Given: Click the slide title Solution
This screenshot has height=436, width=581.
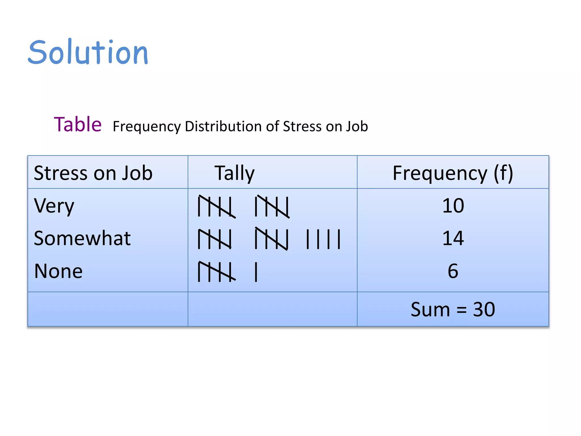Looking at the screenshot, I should (x=88, y=52).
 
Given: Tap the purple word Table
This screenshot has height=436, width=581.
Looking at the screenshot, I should (x=78, y=125).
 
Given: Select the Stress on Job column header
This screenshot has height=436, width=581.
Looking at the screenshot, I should (x=93, y=173).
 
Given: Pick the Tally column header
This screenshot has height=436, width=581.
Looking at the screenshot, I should (x=234, y=173).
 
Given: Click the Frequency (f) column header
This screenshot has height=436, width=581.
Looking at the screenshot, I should (x=453, y=173).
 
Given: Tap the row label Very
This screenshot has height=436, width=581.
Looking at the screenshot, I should (x=54, y=206).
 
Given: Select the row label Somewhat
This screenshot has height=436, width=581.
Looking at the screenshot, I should (x=82, y=238).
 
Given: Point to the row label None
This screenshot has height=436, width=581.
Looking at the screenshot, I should (x=58, y=271).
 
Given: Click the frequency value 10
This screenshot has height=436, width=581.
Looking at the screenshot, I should (x=453, y=206).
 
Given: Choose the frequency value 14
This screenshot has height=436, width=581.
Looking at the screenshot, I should (x=453, y=238).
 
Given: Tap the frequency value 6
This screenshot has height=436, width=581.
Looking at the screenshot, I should (x=453, y=271).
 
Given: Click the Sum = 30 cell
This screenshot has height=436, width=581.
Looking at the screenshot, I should (x=453, y=309).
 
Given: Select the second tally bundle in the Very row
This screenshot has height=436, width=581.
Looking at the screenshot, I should (x=272, y=206).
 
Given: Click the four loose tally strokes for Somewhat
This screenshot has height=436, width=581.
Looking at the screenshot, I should (x=323, y=239).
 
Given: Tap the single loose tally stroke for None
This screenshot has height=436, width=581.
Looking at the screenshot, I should (x=256, y=272).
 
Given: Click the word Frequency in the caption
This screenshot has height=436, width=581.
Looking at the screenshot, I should (x=146, y=127).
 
